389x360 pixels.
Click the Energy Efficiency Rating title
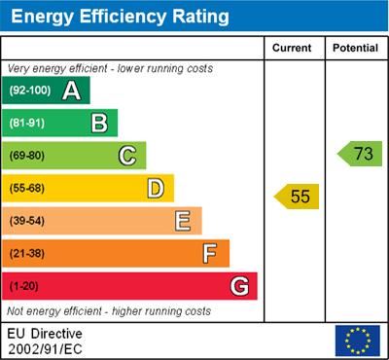(x=120, y=17)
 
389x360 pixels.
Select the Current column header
(x=293, y=48)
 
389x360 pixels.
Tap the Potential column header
(x=355, y=48)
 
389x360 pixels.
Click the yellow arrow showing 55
(x=298, y=197)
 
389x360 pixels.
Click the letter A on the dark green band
(x=71, y=90)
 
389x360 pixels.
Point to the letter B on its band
(x=99, y=123)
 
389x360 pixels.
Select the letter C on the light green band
(x=127, y=155)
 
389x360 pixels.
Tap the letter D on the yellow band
(x=155, y=188)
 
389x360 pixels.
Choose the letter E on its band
(x=183, y=221)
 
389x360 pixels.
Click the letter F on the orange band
(x=210, y=253)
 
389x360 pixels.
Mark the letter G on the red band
(x=239, y=286)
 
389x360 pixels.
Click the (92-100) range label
(x=31, y=91)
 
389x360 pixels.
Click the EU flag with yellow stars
(x=357, y=341)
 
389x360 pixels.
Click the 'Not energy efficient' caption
(x=109, y=311)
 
